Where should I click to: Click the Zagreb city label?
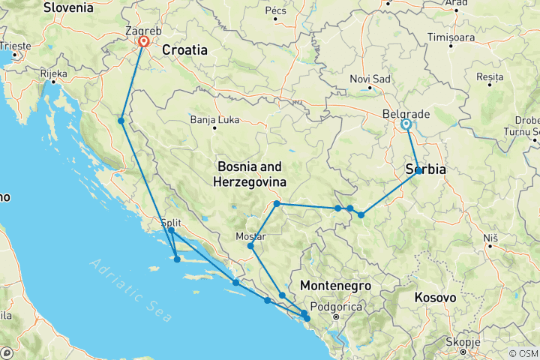143,31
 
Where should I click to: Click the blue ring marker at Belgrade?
406,124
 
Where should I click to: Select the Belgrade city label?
406,114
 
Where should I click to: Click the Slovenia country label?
68,8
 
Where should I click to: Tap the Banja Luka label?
213,119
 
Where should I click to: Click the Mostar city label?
250,236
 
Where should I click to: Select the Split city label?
172,222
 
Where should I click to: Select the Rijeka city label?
53,73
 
